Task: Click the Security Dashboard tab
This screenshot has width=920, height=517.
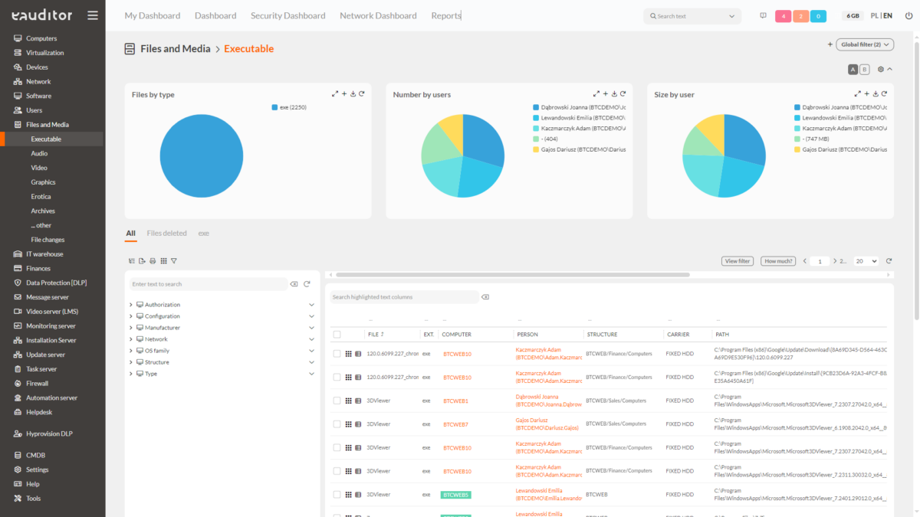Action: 287,15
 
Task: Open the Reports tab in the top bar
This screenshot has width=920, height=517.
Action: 446,15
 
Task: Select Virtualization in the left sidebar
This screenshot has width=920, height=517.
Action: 44,53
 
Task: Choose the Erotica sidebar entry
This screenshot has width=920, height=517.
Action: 41,197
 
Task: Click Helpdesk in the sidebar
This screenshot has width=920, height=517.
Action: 39,412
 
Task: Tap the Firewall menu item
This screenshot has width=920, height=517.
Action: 37,384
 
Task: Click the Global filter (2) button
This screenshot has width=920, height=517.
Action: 864,44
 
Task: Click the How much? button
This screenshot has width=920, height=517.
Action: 779,261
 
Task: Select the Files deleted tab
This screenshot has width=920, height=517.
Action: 166,234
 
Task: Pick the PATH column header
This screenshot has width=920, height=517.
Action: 722,335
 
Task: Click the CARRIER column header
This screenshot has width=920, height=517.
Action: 678,335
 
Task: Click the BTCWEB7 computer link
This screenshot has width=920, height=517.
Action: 455,424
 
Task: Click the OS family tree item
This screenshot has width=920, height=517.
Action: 157,351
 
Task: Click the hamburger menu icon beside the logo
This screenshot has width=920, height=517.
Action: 93,15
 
